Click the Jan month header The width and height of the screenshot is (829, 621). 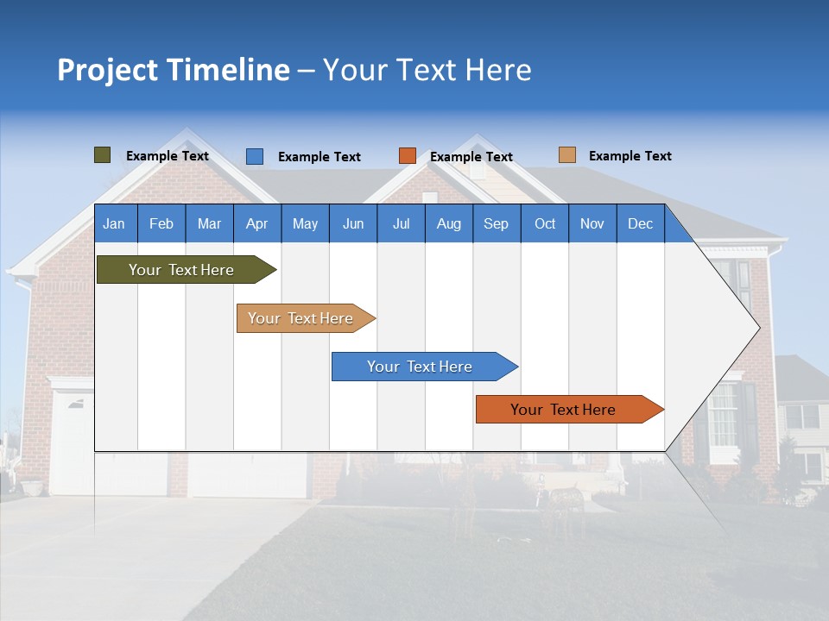115,223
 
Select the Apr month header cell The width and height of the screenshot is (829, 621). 257,223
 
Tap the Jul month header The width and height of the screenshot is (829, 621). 401,223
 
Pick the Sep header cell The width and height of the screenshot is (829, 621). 497,223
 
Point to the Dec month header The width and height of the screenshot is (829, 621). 640,223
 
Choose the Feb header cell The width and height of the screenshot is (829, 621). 161,223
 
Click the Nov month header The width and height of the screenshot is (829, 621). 592,223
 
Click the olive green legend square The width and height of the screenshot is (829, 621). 103,155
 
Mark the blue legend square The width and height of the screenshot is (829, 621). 255,156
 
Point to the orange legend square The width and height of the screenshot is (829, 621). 408,156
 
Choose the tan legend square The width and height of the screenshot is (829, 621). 566,155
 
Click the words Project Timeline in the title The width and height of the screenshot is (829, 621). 174,70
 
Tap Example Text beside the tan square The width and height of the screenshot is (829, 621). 630,156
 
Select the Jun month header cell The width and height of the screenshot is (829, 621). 353,223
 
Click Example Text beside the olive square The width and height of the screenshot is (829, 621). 167,156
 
